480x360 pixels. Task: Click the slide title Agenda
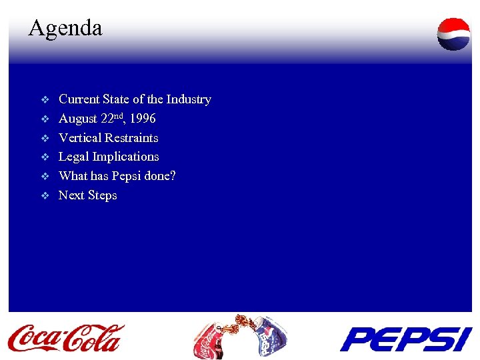[x=65, y=28]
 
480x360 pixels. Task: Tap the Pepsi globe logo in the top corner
[x=453, y=34]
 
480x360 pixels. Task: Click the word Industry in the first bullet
[x=189, y=99]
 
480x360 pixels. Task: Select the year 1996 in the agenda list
[x=143, y=119]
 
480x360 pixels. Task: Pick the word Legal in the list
[x=74, y=157]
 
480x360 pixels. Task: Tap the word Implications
[x=126, y=157]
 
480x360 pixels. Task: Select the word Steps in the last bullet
[x=102, y=195]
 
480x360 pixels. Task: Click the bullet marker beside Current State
[x=45, y=100]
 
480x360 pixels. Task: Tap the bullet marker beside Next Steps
[x=45, y=196]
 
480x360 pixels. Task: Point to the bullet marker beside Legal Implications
[x=45, y=157]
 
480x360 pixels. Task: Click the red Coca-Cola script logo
[x=65, y=337]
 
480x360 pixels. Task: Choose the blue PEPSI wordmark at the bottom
[x=405, y=339]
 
